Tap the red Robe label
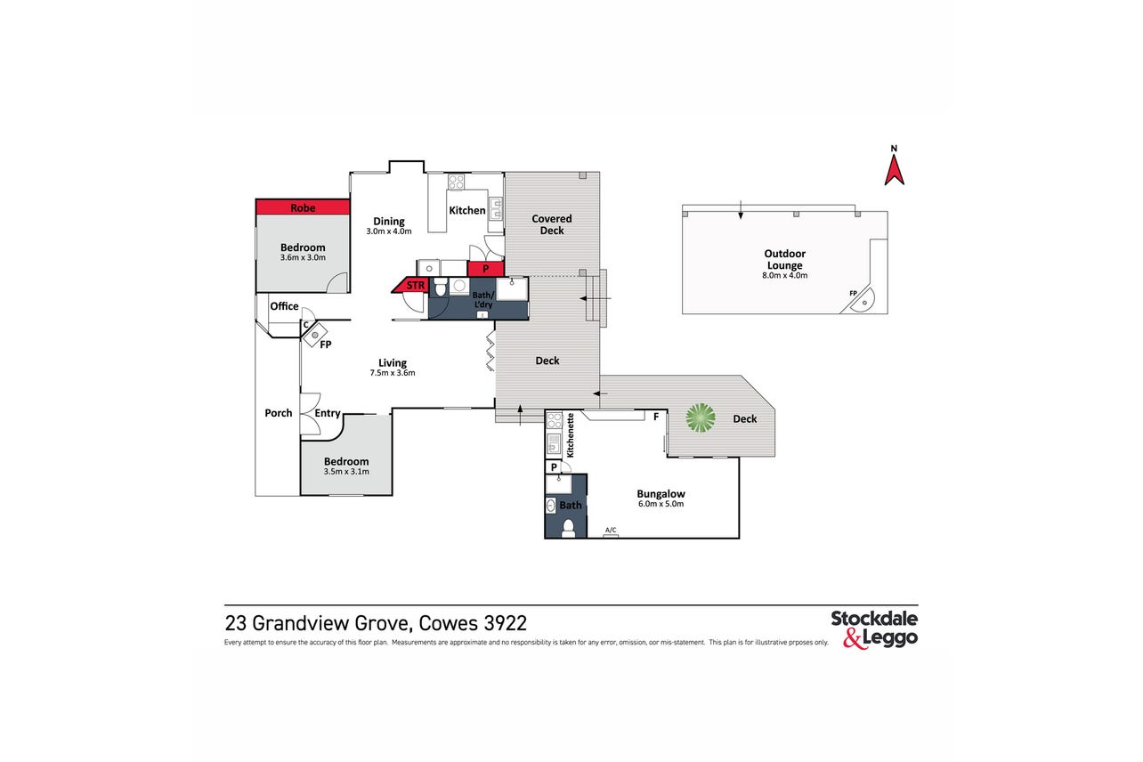click(x=303, y=207)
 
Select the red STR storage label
click(x=416, y=285)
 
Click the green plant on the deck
click(x=701, y=417)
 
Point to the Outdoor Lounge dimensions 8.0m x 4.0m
click(x=785, y=275)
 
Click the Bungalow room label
click(x=661, y=493)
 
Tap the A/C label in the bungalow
click(x=611, y=530)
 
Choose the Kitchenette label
click(x=571, y=434)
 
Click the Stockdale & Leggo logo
click(x=874, y=629)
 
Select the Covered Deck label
click(x=552, y=224)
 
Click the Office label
click(x=284, y=305)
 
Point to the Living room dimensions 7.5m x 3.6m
click(x=393, y=373)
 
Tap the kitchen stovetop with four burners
click(x=456, y=182)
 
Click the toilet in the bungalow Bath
click(x=568, y=528)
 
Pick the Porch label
click(x=278, y=413)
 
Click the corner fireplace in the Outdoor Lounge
click(x=862, y=300)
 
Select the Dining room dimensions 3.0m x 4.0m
click(x=389, y=231)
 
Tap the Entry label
click(x=327, y=413)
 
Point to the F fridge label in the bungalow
click(x=656, y=417)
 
